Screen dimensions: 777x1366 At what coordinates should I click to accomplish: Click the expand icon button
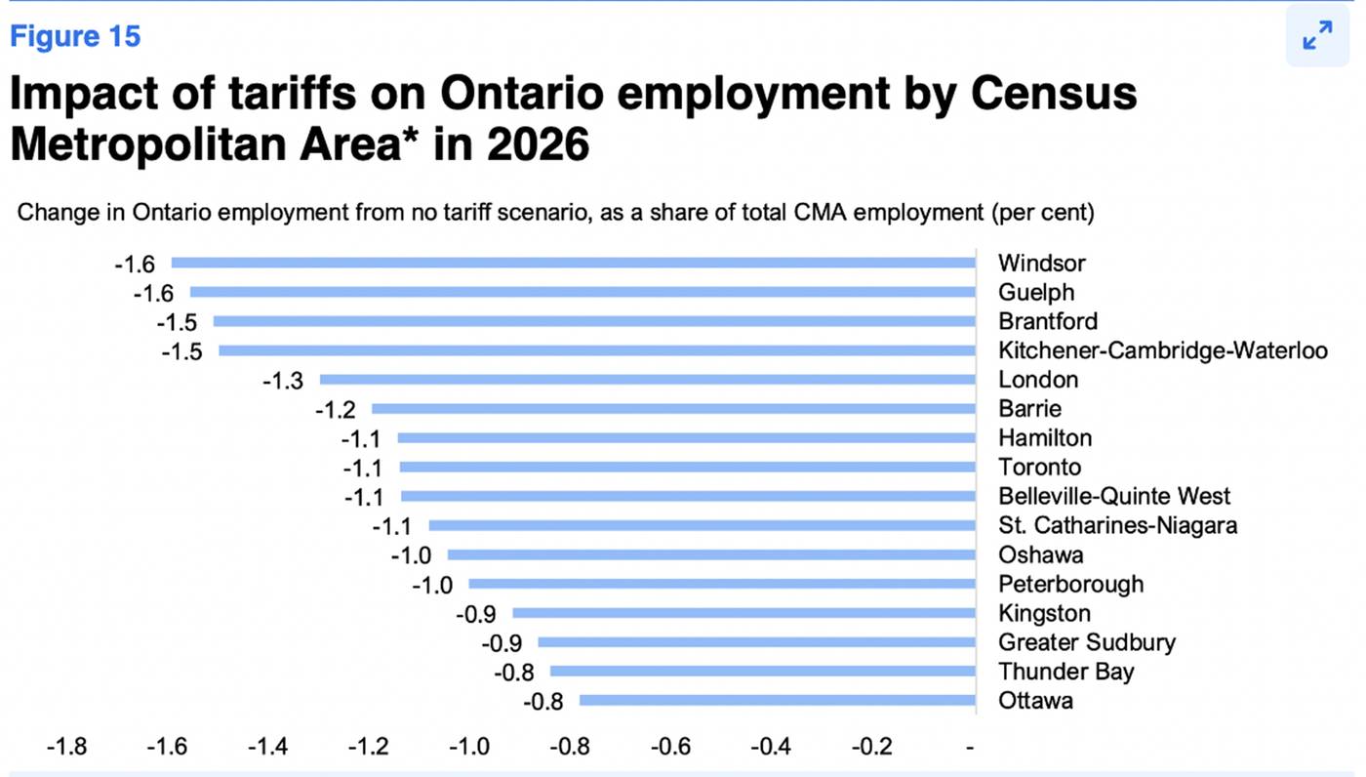(x=1317, y=36)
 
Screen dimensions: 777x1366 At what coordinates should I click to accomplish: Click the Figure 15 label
(x=75, y=37)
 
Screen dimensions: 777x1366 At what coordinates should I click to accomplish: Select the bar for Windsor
(x=574, y=263)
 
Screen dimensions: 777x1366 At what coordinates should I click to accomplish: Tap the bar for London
(x=648, y=380)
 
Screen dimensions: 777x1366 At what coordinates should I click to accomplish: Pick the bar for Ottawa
(x=778, y=701)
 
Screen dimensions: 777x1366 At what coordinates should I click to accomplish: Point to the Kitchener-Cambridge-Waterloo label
(x=1162, y=350)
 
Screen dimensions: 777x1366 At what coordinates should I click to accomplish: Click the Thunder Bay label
(x=1066, y=672)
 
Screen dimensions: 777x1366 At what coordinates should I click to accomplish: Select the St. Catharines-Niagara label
(x=1117, y=525)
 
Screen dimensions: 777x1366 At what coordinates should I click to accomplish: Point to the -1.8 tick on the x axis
(x=66, y=747)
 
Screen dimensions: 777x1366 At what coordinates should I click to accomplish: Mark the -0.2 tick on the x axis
(x=870, y=747)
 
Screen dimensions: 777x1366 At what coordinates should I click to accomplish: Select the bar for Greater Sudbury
(x=757, y=642)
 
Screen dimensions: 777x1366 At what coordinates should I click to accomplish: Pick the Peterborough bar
(x=722, y=584)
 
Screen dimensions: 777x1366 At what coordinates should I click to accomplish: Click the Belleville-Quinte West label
(x=1114, y=496)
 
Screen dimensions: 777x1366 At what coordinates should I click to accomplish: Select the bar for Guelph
(x=583, y=292)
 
